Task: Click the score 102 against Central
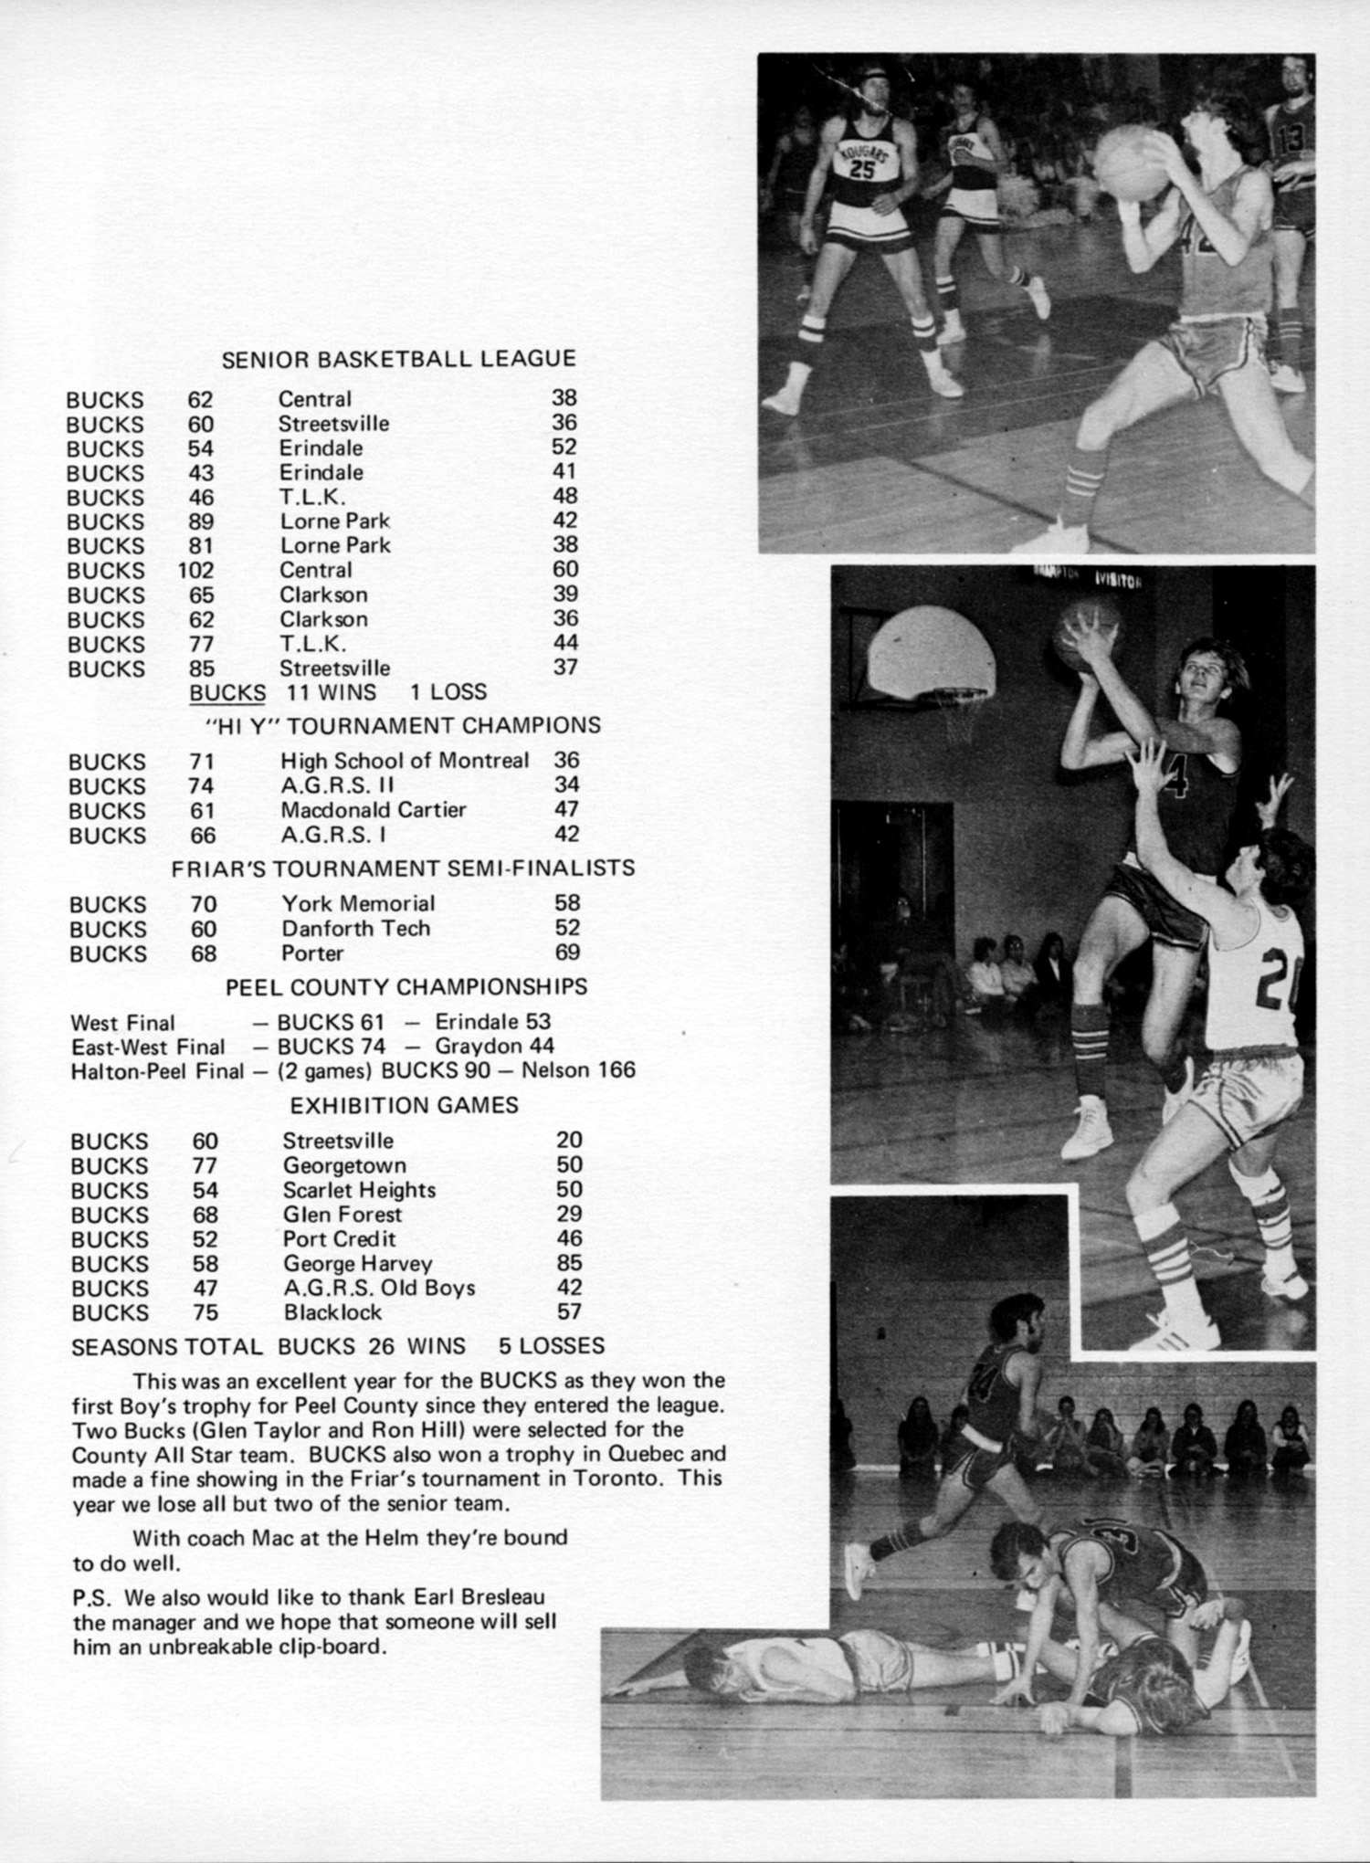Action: pos(195,571)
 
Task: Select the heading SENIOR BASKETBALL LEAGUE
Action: pos(398,359)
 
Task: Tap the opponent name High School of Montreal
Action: pos(404,761)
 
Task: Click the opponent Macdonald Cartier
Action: pos(373,810)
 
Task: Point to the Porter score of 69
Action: pos(567,953)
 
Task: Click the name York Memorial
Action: pos(358,904)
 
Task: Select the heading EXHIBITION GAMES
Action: pos(404,1106)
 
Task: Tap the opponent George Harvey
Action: pos(357,1265)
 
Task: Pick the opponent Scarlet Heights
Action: pos(359,1191)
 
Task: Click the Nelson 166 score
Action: pos(578,1070)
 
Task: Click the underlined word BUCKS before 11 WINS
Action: pos(227,693)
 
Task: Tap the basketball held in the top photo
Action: pos(1133,162)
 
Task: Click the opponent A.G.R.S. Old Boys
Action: pos(379,1289)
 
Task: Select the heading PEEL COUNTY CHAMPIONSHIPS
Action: pos(406,987)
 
